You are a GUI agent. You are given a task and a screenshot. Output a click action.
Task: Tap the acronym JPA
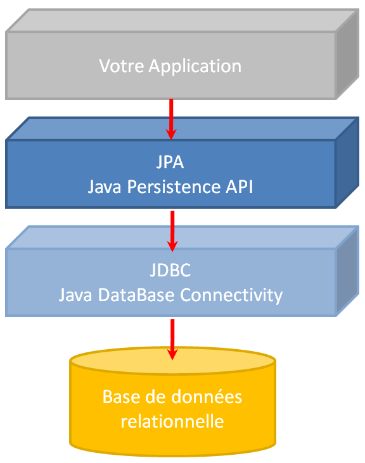(170, 162)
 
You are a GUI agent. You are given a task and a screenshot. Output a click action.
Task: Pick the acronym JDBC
(170, 271)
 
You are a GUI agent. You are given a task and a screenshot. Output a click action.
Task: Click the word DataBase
(132, 295)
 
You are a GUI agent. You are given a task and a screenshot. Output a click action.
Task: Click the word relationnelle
(172, 421)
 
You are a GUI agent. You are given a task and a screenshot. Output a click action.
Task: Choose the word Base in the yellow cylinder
(121, 397)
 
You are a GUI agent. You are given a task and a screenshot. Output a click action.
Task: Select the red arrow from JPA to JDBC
(170, 230)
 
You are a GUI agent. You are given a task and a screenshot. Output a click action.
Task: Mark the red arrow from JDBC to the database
(170, 339)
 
